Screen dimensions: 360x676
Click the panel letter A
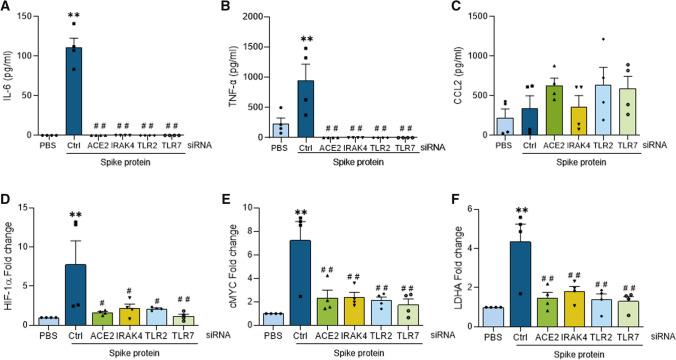[7, 9]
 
